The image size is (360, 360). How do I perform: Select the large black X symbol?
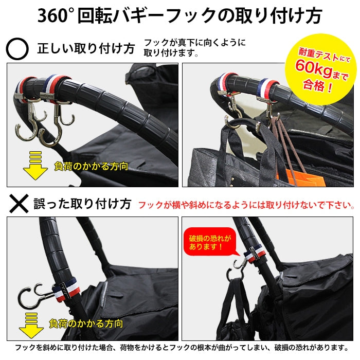click(x=19, y=204)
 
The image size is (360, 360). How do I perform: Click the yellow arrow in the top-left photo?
click(x=35, y=165)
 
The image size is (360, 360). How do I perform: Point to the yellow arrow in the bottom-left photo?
click(x=31, y=326)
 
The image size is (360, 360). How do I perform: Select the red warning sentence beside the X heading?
click(x=246, y=205)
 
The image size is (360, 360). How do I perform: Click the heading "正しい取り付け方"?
click(x=86, y=49)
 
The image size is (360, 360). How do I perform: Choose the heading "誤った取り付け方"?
click(x=82, y=204)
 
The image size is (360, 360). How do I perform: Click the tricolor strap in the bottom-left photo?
click(x=66, y=289)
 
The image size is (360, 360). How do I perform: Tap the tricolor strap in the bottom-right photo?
click(x=255, y=254)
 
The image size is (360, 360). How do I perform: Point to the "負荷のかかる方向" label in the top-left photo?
click(x=91, y=166)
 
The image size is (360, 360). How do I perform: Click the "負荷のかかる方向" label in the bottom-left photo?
click(x=86, y=323)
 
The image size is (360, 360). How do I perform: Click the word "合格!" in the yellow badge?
click(x=317, y=86)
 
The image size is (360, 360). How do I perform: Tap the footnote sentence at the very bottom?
click(x=182, y=347)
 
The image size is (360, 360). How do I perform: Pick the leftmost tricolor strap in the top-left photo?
click(x=23, y=88)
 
